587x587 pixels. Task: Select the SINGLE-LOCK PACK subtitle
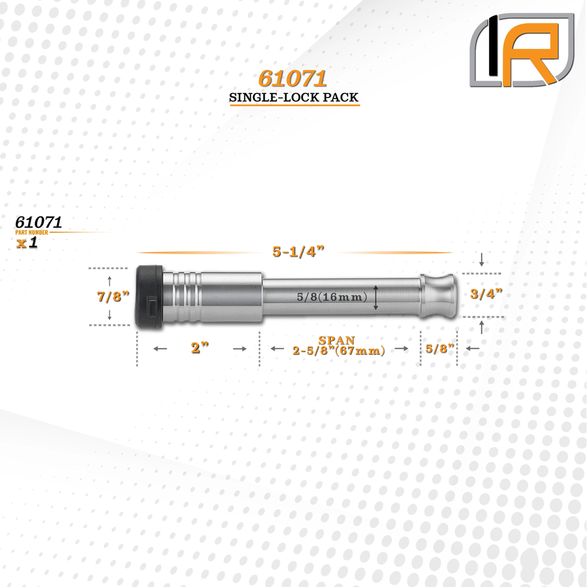click(293, 98)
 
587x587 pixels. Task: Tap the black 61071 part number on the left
click(39, 222)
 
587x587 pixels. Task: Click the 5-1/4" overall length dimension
click(299, 252)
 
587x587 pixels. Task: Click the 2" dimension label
click(200, 348)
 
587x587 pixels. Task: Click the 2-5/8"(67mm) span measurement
click(339, 351)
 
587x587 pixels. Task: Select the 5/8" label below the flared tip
click(440, 348)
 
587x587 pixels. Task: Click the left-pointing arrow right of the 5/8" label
click(473, 349)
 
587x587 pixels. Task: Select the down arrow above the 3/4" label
click(482, 260)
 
